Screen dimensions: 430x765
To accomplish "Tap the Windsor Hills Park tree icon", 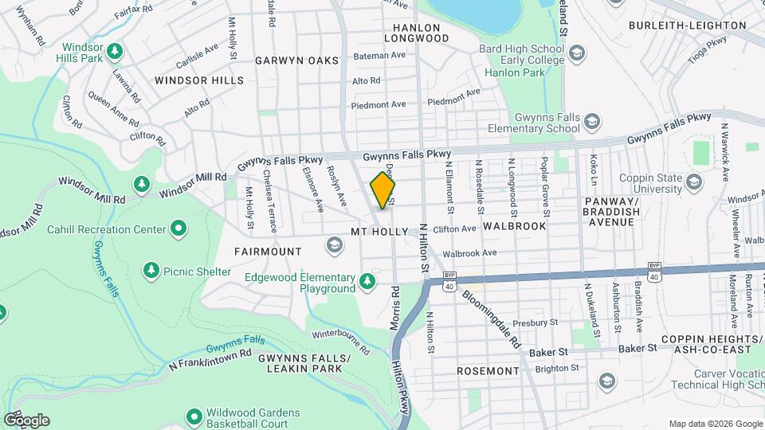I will (116, 52).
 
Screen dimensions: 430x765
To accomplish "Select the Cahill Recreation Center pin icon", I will (178, 229).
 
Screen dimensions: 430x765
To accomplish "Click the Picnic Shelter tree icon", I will (151, 271).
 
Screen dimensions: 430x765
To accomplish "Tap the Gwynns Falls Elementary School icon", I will (591, 121).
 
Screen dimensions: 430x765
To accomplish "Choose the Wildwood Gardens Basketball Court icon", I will (194, 416).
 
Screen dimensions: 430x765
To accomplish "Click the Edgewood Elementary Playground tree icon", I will (367, 280).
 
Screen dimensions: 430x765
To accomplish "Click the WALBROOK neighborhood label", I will (514, 226).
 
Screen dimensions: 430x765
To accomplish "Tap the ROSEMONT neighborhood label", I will (488, 371).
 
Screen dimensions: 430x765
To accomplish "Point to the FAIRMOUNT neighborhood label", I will (268, 251).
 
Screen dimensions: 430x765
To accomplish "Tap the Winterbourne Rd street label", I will (341, 341).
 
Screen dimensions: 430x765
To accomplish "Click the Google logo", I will (26, 420).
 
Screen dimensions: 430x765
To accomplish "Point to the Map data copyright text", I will (714, 423).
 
